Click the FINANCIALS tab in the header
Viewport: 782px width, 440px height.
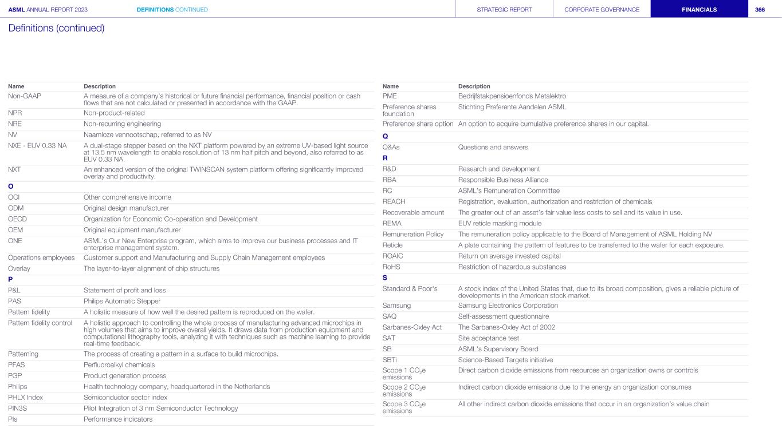pyautogui.click(x=699, y=9)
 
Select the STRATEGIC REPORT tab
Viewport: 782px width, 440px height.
pyautogui.click(x=504, y=9)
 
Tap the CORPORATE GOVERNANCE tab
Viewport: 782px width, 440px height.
pyautogui.click(x=602, y=9)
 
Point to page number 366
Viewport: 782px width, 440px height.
pyautogui.click(x=760, y=9)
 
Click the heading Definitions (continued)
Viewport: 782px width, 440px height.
pyautogui.click(x=56, y=27)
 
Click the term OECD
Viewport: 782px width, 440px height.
pyautogui.click(x=18, y=219)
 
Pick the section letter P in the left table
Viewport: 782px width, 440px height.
pyautogui.click(x=10, y=279)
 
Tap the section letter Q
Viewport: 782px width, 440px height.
pyautogui.click(x=385, y=136)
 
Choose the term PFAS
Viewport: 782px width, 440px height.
pyautogui.click(x=17, y=364)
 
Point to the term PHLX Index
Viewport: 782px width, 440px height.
pyautogui.click(x=25, y=397)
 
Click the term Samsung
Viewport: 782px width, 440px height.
pyautogui.click(x=396, y=306)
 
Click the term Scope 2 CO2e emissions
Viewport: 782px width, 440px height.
pyautogui.click(x=404, y=391)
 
